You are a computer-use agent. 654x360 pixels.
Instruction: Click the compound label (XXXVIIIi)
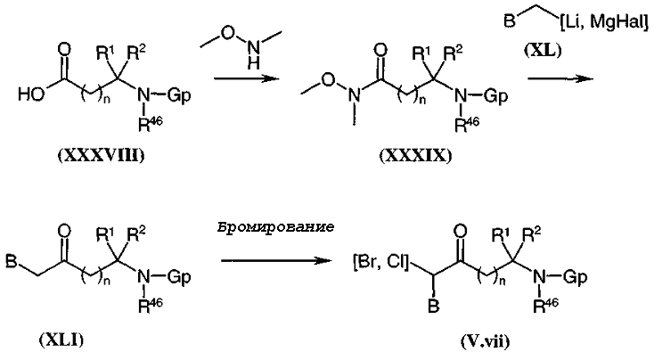point(101,156)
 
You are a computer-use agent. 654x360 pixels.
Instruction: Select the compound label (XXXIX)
point(415,156)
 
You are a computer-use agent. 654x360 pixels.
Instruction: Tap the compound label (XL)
point(543,51)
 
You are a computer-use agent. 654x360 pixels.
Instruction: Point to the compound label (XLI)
point(61,340)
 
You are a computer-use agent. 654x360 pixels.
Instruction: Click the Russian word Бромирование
point(275,228)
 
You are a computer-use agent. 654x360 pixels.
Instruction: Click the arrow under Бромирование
point(276,261)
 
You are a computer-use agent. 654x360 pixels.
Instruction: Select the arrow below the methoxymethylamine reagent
point(246,78)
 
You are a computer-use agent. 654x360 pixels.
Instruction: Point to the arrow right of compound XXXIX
point(561,78)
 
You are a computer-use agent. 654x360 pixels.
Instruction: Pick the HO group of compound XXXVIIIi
point(31,95)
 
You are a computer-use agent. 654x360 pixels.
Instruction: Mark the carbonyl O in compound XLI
point(64,232)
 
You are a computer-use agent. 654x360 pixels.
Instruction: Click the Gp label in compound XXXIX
point(495,96)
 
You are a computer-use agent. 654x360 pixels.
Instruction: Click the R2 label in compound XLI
point(136,234)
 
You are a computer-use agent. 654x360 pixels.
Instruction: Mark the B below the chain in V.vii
point(434,307)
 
